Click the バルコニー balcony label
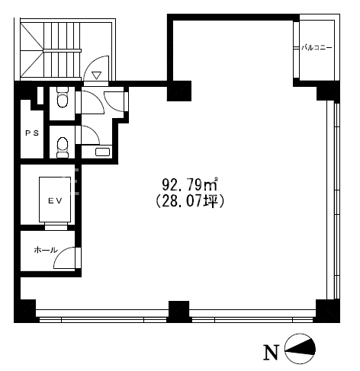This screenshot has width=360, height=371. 317,48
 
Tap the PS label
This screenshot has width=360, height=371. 32,133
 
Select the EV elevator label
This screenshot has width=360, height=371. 55,200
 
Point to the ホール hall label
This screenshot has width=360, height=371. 46,250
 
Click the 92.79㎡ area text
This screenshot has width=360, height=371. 190,184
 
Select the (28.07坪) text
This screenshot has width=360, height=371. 190,201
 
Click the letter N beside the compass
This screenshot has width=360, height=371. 271,352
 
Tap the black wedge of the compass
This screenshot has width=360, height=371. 304,348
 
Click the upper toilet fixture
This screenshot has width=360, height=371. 63,98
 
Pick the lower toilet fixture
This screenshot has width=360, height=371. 63,147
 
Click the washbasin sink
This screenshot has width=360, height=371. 102,152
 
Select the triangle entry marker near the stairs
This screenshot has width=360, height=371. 97,75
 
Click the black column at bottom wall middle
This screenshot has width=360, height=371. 178,312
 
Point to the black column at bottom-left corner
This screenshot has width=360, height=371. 24,311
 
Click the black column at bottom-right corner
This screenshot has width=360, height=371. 328,311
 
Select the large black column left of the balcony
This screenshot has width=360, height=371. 179,91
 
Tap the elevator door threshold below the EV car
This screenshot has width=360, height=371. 56,226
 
